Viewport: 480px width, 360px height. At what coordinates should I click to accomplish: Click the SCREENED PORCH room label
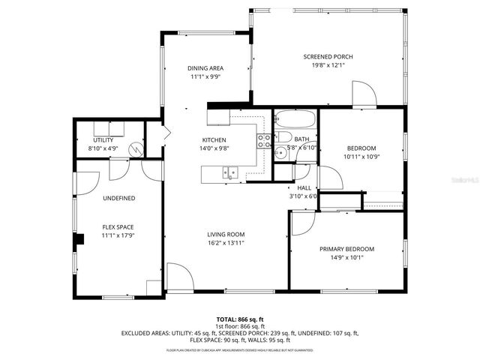[x=328, y=57]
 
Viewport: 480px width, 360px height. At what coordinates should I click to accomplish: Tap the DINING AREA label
[x=205, y=68]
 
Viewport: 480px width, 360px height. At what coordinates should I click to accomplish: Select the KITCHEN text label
[x=214, y=140]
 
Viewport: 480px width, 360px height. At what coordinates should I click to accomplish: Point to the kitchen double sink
[x=228, y=173]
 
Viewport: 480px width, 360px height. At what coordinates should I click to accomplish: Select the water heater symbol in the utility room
[x=135, y=148]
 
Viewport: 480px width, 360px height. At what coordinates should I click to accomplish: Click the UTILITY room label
[x=103, y=140]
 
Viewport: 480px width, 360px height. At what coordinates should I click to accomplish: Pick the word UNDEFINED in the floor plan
[x=118, y=198]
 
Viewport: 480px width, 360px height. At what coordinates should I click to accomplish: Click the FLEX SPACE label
[x=118, y=226]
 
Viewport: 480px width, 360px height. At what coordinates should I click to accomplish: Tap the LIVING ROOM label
[x=226, y=234]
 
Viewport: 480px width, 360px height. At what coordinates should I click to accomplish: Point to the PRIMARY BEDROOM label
[x=346, y=249]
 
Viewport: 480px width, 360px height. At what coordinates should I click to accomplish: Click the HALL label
[x=304, y=188]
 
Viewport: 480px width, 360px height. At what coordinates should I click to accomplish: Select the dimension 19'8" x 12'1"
[x=328, y=65]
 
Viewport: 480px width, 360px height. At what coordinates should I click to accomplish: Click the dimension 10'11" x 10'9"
[x=361, y=157]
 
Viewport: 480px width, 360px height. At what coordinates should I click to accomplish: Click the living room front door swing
[x=178, y=275]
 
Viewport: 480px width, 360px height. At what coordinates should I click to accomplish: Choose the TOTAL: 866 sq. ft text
[x=239, y=319]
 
